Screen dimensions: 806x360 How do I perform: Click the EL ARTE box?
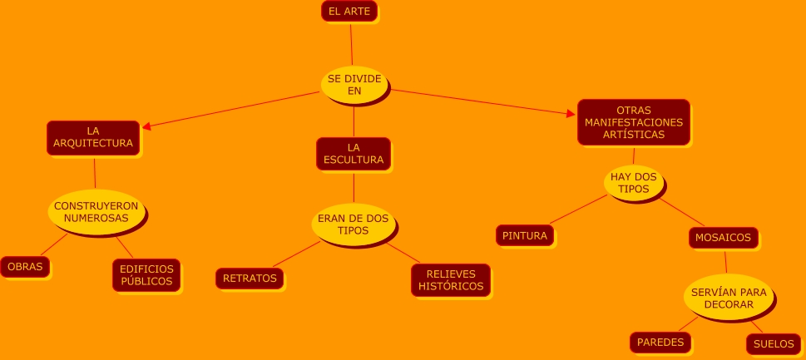pyautogui.click(x=349, y=11)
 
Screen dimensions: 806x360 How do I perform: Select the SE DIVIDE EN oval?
pyautogui.click(x=354, y=84)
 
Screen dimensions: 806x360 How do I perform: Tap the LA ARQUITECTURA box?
pyautogui.click(x=93, y=137)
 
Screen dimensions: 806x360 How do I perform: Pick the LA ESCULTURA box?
pyautogui.click(x=354, y=153)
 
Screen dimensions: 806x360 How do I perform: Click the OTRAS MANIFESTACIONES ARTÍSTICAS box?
pyautogui.click(x=634, y=122)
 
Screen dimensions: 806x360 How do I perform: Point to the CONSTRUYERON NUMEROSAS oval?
pyautogui.click(x=96, y=212)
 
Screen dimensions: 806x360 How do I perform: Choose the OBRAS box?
pyautogui.click(x=25, y=267)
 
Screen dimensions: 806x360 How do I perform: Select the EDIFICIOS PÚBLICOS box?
pyautogui.click(x=146, y=275)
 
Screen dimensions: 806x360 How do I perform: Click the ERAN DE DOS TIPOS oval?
pyautogui.click(x=354, y=224)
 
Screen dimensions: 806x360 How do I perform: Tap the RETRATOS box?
pyautogui.click(x=250, y=279)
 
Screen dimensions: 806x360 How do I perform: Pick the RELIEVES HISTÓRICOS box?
pyautogui.click(x=450, y=280)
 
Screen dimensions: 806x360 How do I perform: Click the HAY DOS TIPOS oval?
pyautogui.click(x=634, y=183)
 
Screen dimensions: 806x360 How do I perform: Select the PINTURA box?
pyautogui.click(x=525, y=235)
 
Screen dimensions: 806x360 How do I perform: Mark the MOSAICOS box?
pyautogui.click(x=724, y=238)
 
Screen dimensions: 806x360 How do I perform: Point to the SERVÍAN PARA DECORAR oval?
pyautogui.click(x=729, y=298)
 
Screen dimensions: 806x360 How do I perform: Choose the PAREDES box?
pyautogui.click(x=660, y=342)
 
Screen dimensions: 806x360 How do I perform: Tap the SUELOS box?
pyautogui.click(x=774, y=343)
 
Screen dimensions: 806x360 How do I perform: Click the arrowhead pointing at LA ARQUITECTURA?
pyautogui.click(x=146, y=127)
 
